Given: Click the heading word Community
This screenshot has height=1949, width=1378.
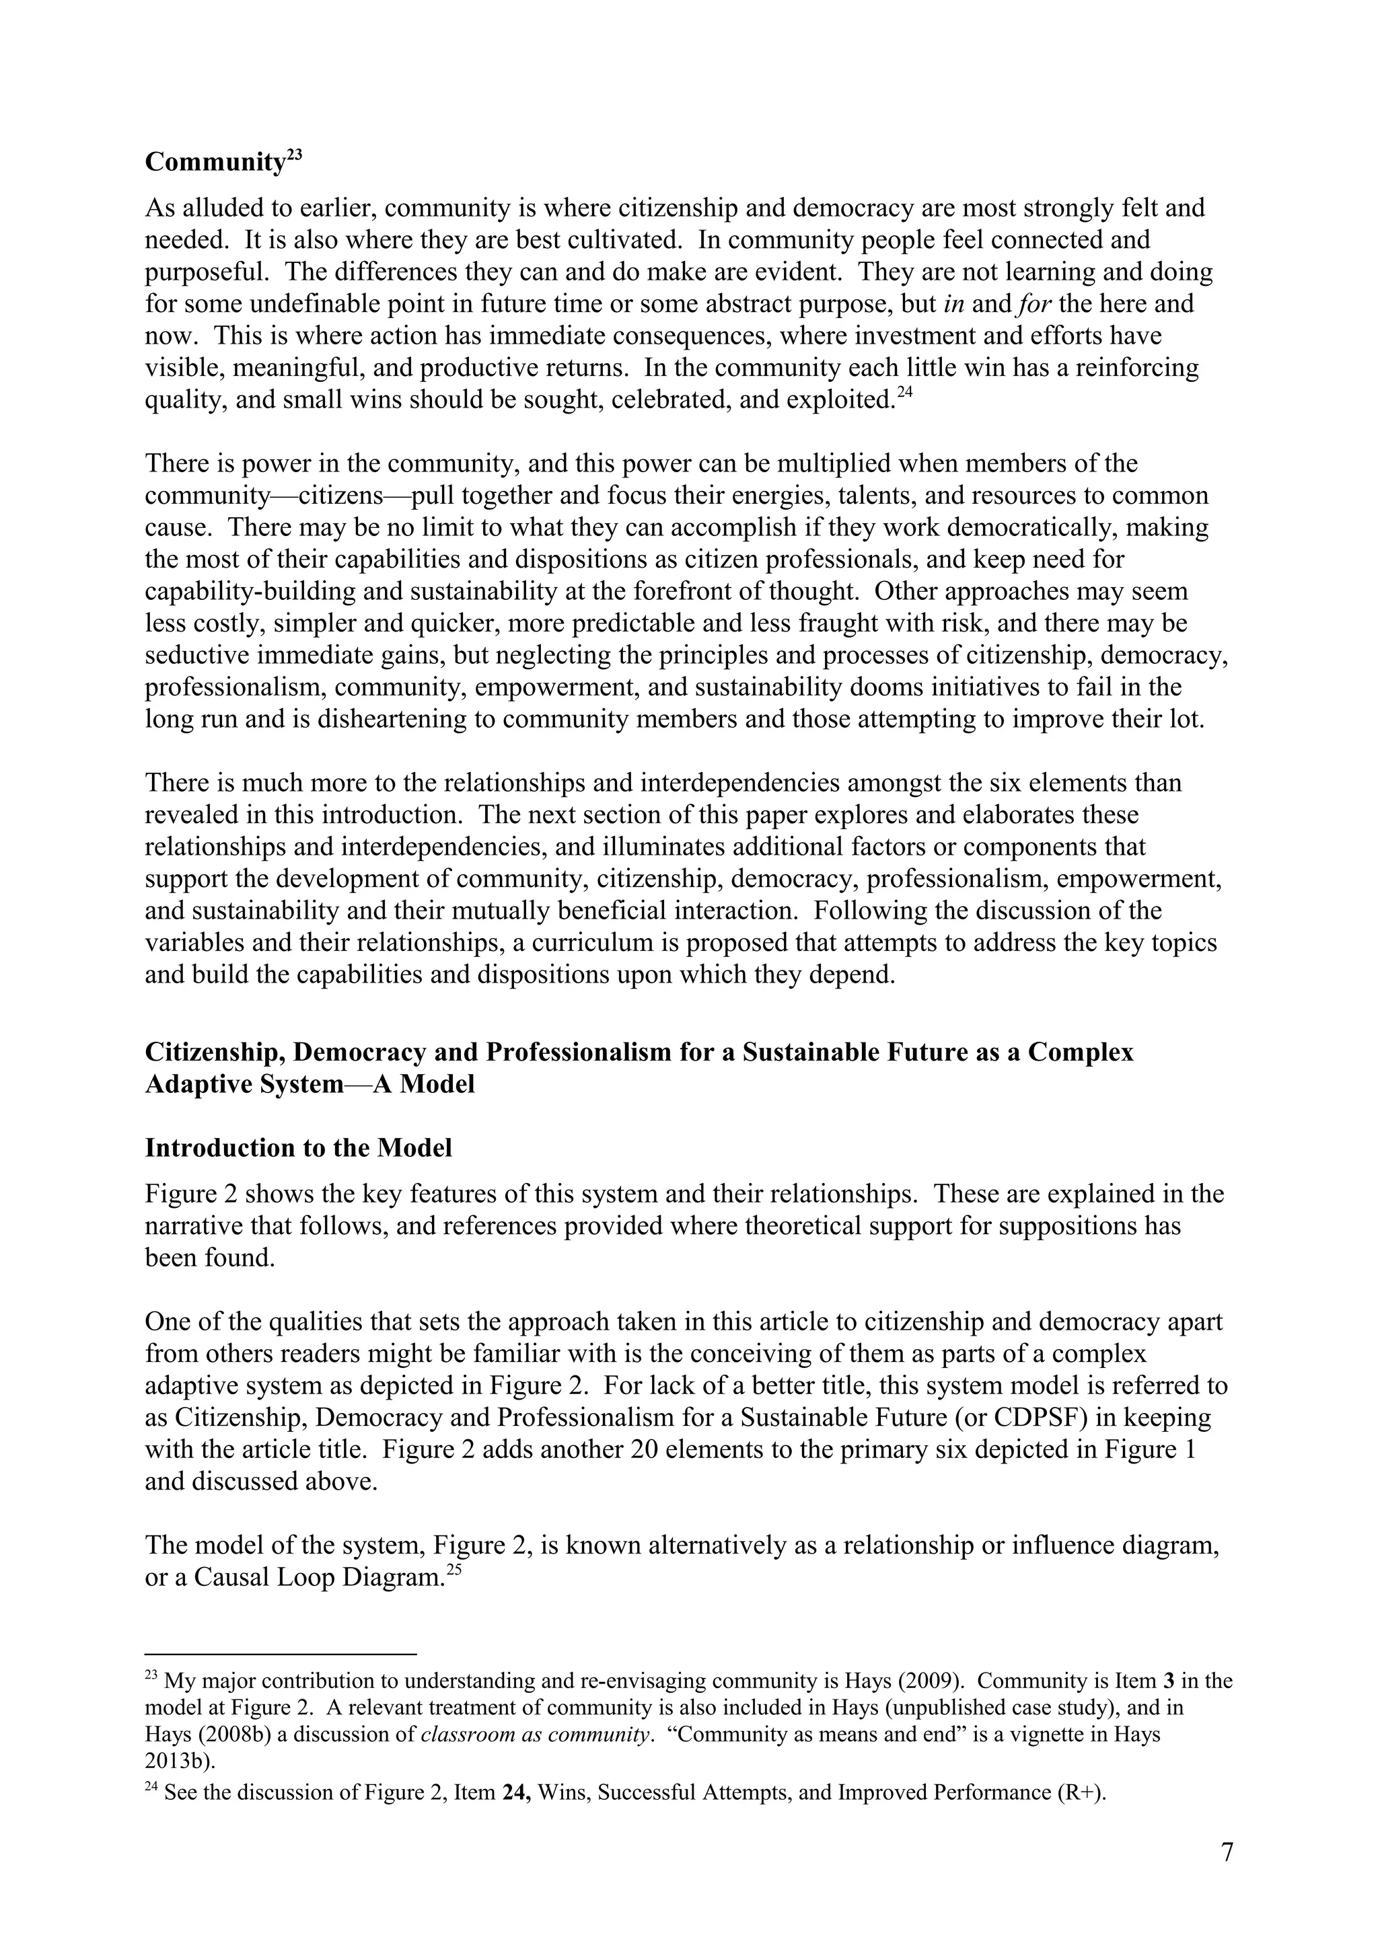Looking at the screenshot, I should tap(214, 162).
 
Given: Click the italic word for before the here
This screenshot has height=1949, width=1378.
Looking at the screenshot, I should tap(1034, 304).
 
